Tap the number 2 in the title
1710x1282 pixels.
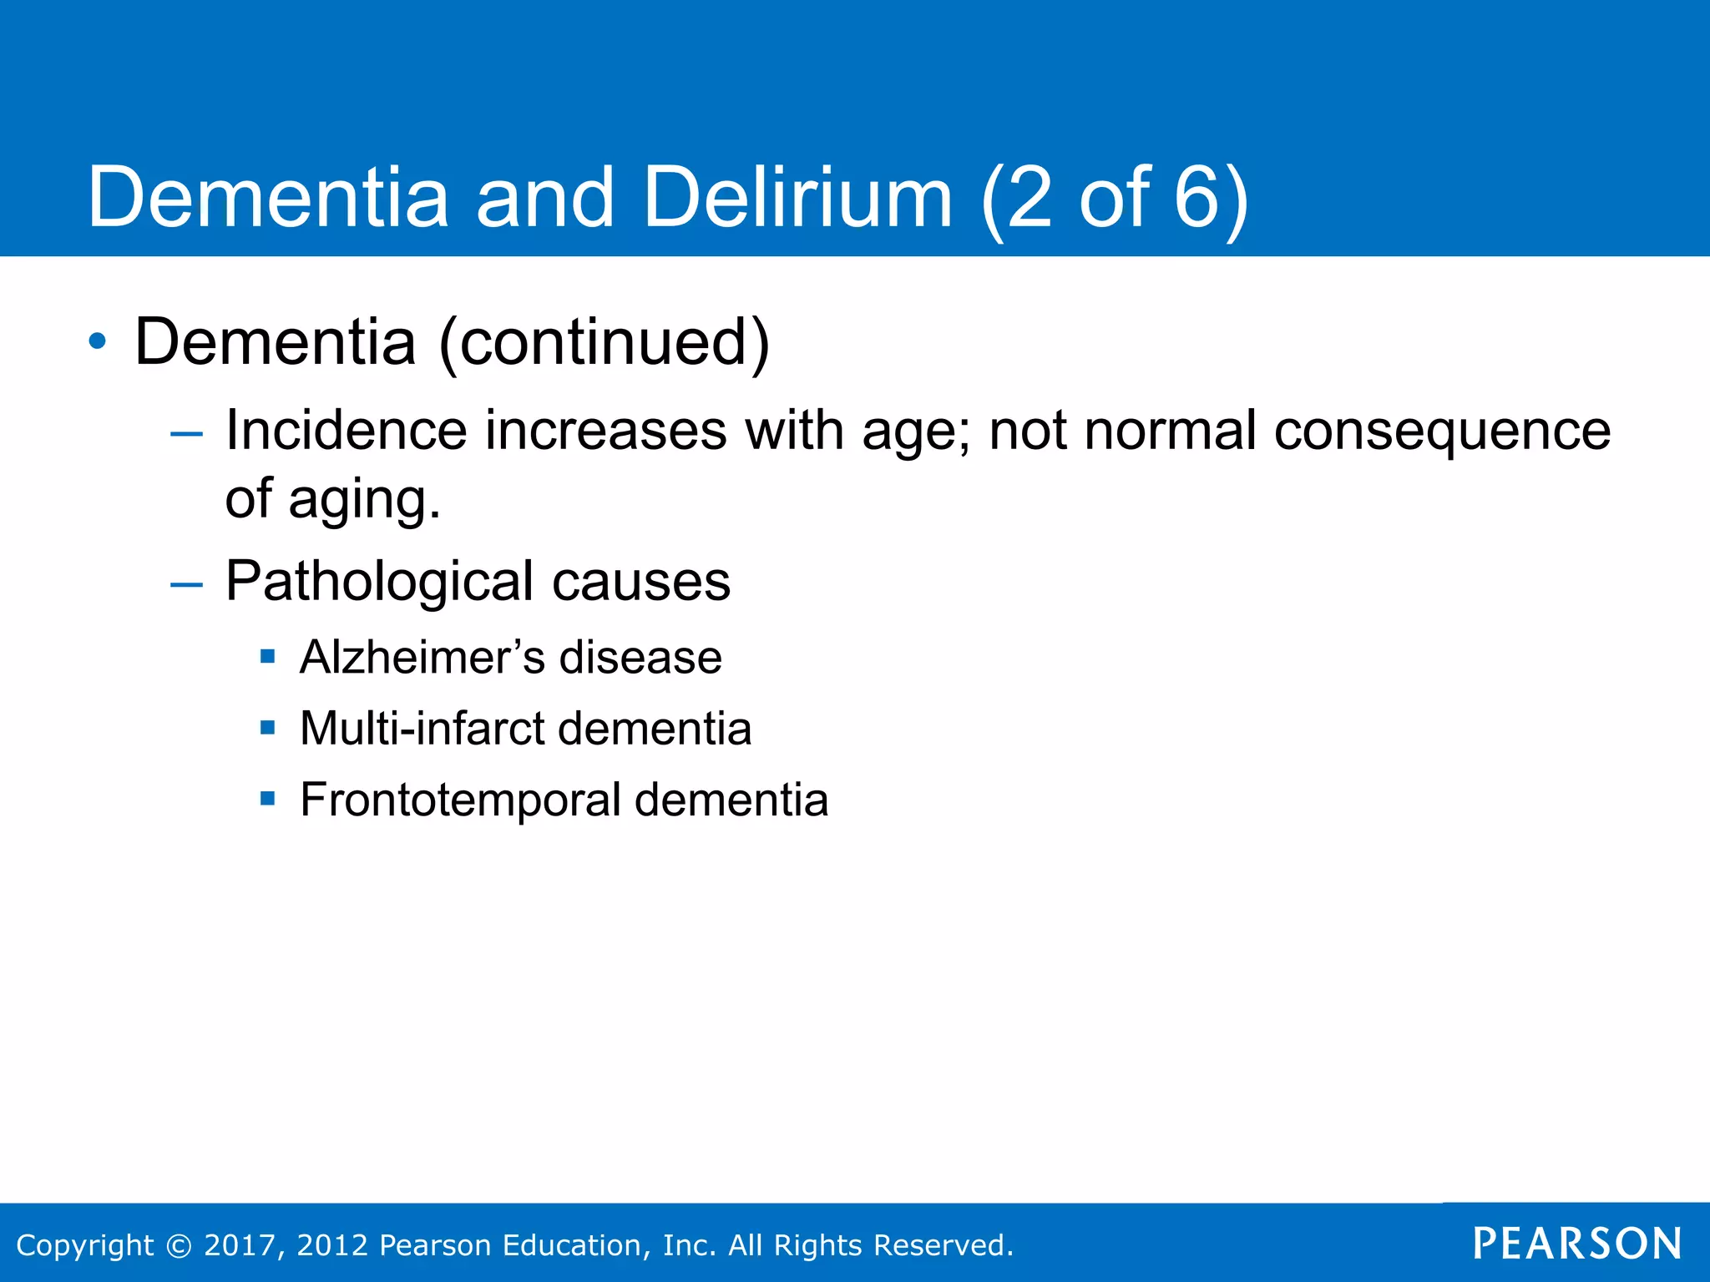(x=1030, y=198)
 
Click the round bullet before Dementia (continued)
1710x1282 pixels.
(x=98, y=341)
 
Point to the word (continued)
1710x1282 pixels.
(x=604, y=343)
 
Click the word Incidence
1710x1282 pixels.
(x=346, y=431)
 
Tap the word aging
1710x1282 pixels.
(x=363, y=501)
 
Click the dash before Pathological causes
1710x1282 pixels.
(x=185, y=584)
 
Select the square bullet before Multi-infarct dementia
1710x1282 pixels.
(x=267, y=728)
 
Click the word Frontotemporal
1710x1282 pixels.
(x=460, y=800)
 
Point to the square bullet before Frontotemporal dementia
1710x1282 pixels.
(x=267, y=799)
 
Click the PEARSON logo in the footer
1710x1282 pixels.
(x=1576, y=1244)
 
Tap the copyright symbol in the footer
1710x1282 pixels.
(x=179, y=1245)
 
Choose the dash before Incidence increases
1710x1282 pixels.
(x=185, y=433)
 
